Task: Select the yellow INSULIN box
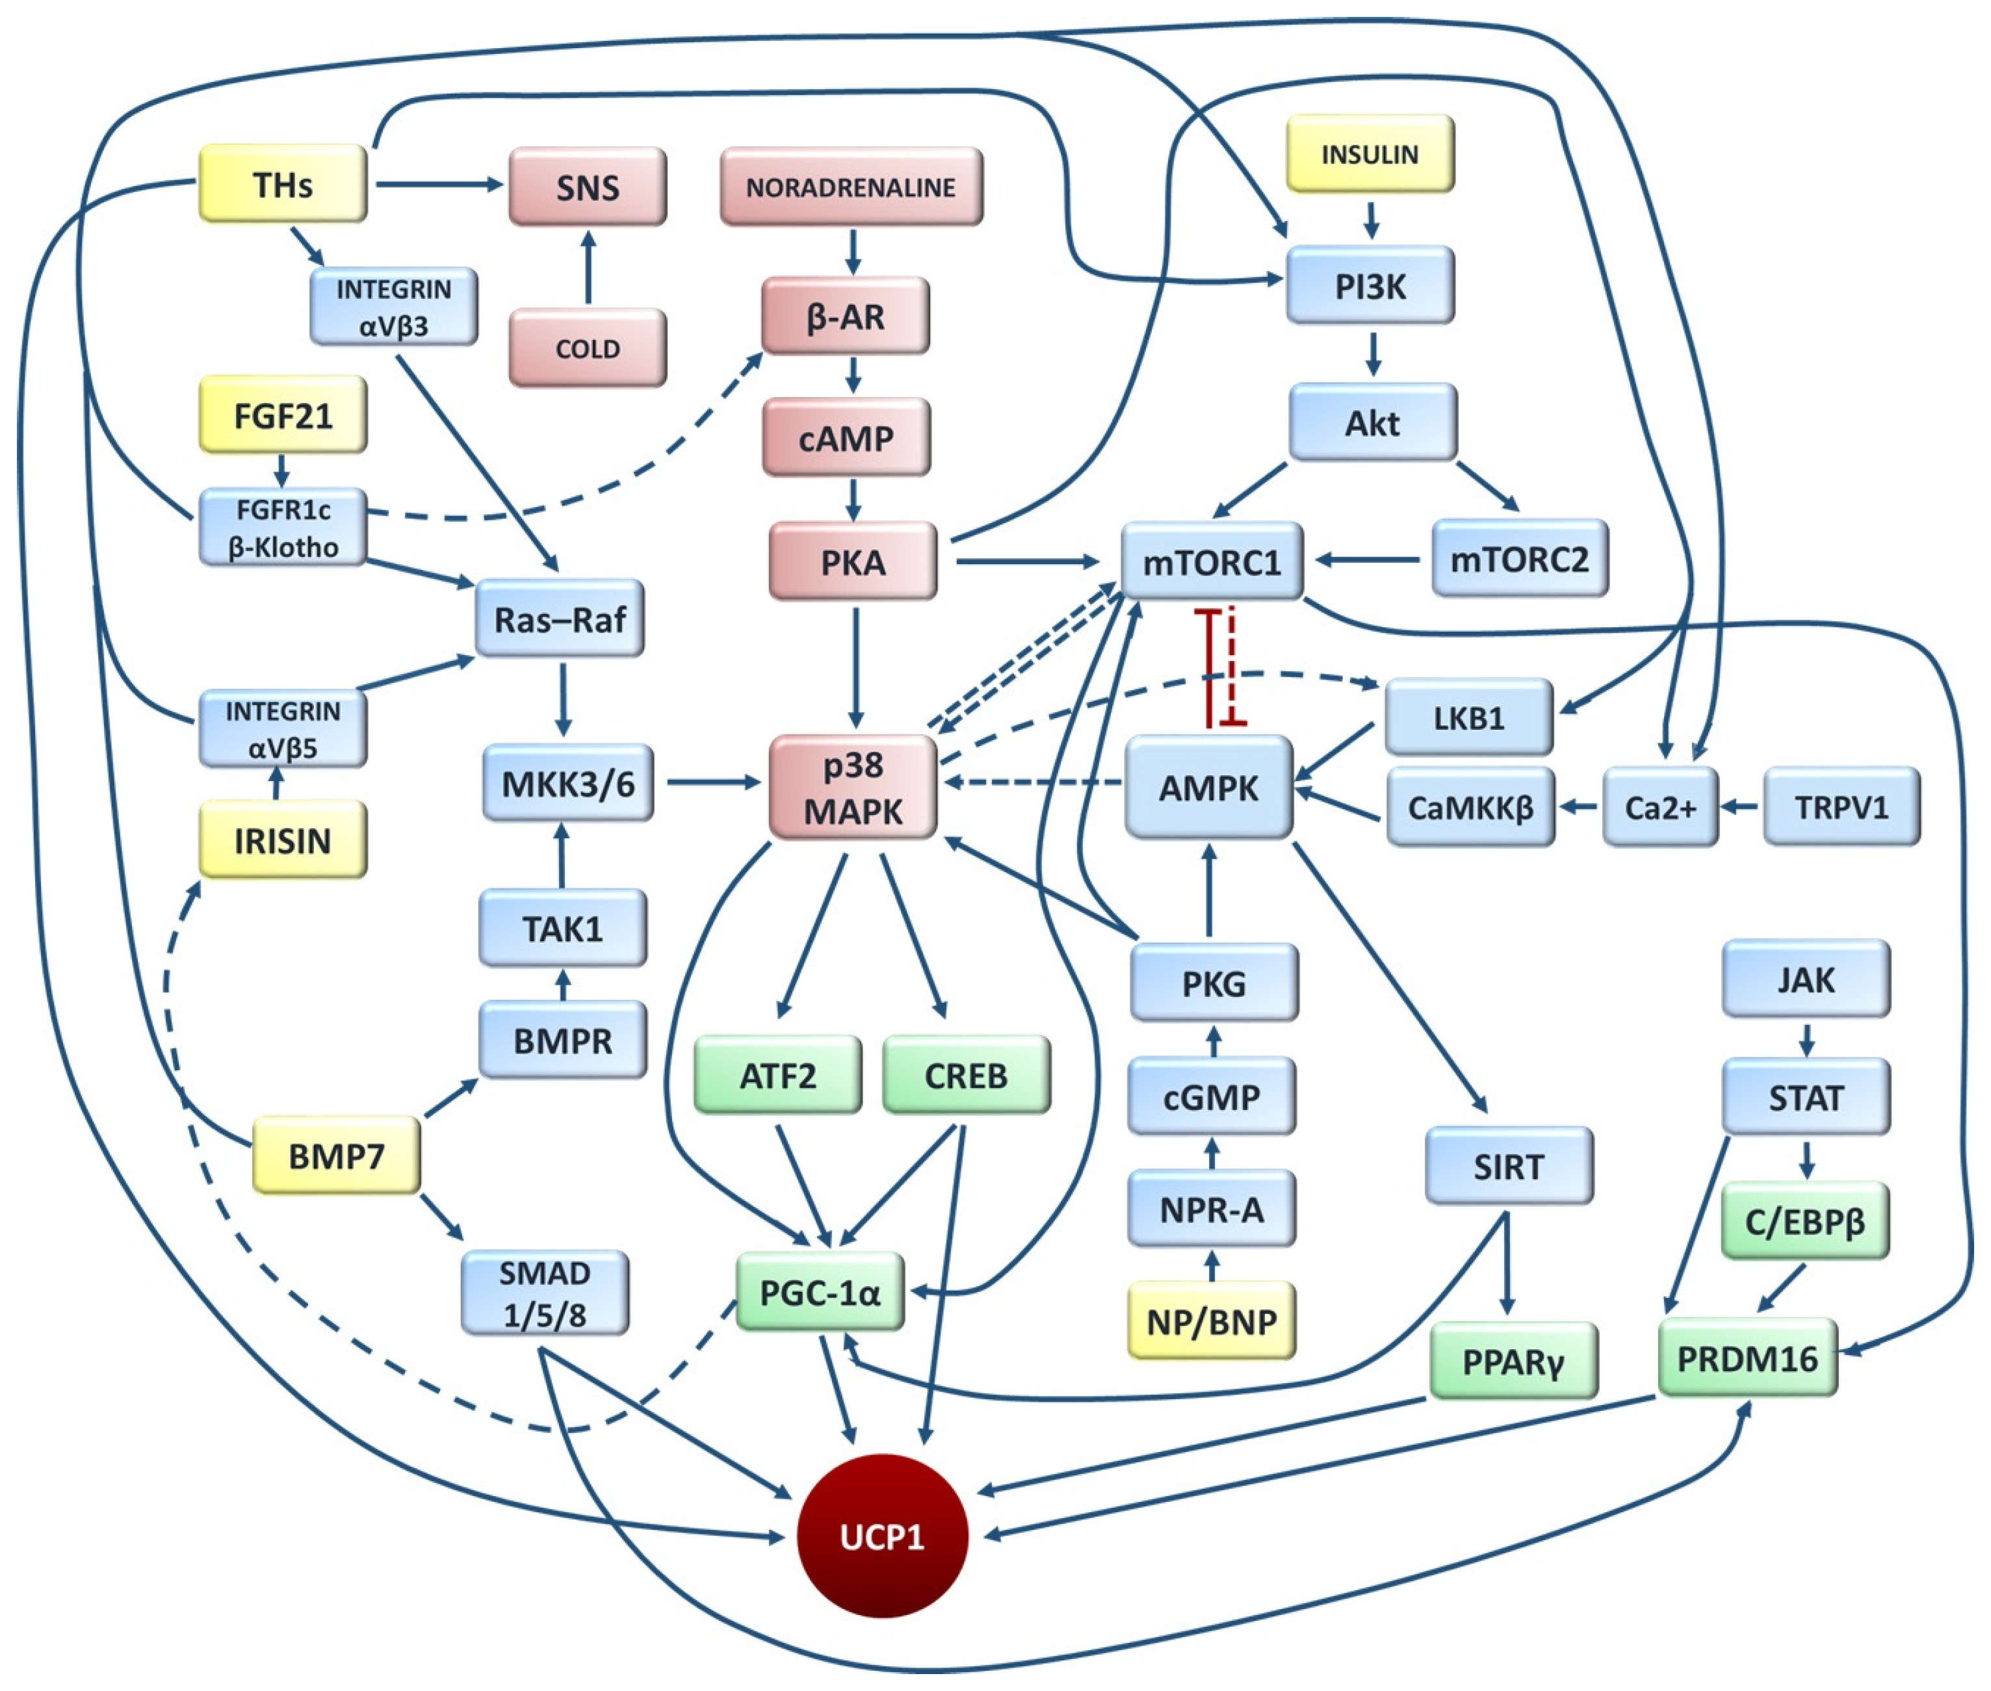[x=1369, y=154]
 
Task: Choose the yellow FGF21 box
[x=282, y=415]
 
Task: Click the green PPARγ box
[x=1512, y=1362]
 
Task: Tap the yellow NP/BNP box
[x=1211, y=1321]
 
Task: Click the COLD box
[x=587, y=348]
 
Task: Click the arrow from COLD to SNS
[x=588, y=268]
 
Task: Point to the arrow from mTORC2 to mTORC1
[x=1366, y=559]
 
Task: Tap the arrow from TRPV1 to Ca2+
[x=1740, y=807]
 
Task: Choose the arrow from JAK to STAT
[x=1806, y=1038]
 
